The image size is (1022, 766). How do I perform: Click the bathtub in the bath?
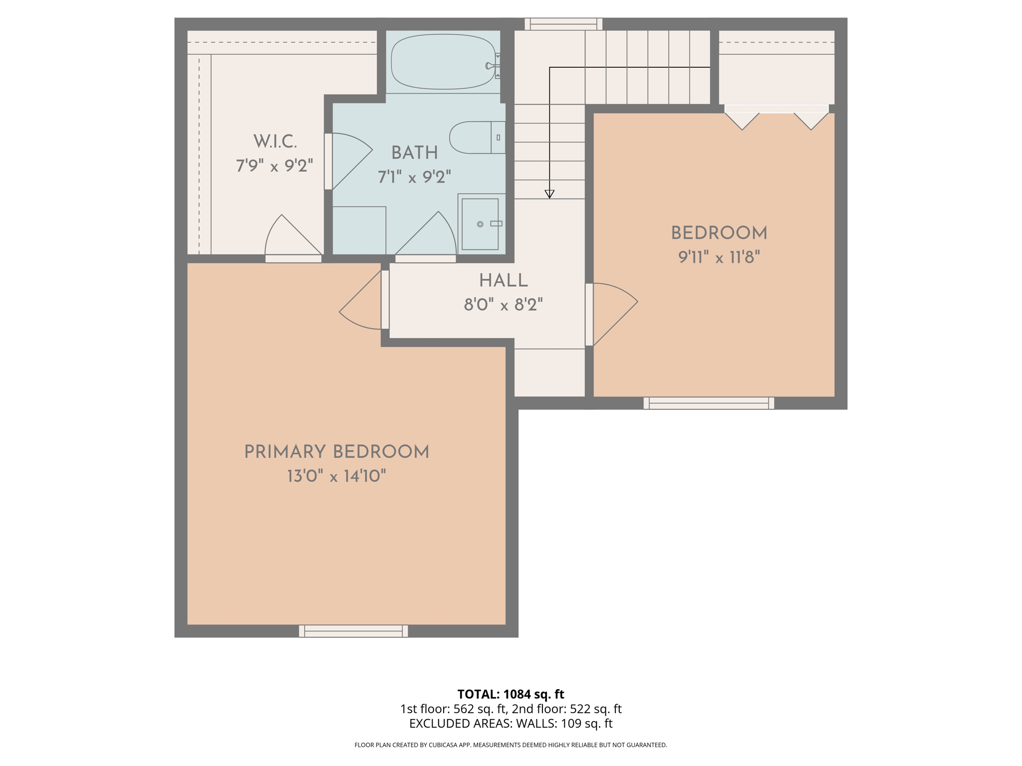443,62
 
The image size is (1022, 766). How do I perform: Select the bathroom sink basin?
480,224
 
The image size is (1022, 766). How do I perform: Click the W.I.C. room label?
275,142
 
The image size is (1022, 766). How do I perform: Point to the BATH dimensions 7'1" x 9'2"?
414,177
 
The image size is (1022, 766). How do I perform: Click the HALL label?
503,281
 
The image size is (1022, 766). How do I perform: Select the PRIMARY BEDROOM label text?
336,452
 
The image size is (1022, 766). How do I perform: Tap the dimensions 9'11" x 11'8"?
719,257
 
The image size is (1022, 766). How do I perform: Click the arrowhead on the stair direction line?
549,194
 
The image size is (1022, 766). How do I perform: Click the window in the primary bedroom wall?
353,631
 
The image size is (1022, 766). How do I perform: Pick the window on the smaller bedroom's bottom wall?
709,403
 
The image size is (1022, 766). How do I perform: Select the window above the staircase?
563,24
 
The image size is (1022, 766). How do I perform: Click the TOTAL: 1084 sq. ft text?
511,694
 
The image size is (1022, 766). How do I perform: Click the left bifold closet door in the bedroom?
742,120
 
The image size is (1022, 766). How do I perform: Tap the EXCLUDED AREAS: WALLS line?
511,724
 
